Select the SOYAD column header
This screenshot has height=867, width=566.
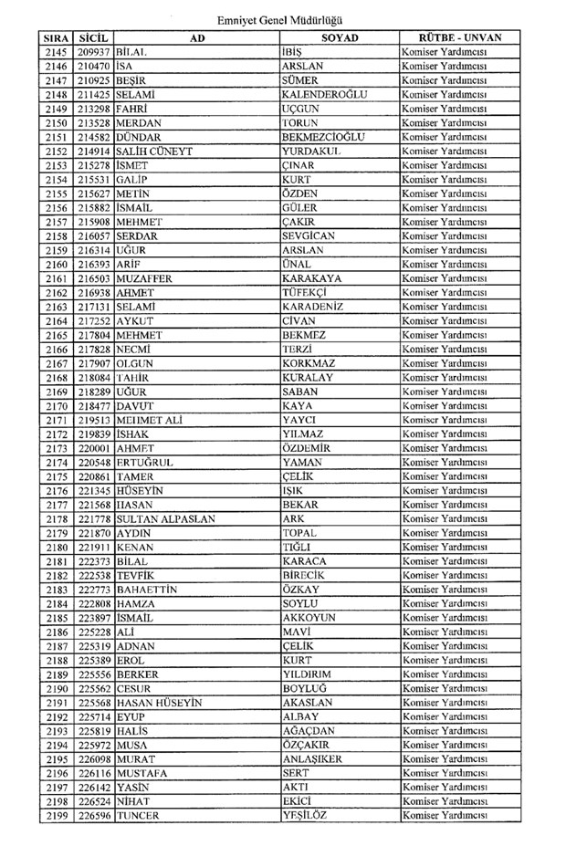pyautogui.click(x=340, y=38)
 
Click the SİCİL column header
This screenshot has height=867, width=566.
pyautogui.click(x=94, y=38)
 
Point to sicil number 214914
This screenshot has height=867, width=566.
pyautogui.click(x=94, y=151)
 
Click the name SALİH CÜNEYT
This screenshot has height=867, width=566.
pyautogui.click(x=154, y=151)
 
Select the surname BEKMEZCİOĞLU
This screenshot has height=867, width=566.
pyautogui.click(x=324, y=137)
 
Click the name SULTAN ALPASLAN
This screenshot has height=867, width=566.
pyautogui.click(x=165, y=519)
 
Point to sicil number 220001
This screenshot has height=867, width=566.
pyautogui.click(x=94, y=448)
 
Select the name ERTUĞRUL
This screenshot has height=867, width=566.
pyautogui.click(x=145, y=463)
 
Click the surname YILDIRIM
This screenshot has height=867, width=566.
pyautogui.click(x=311, y=675)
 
